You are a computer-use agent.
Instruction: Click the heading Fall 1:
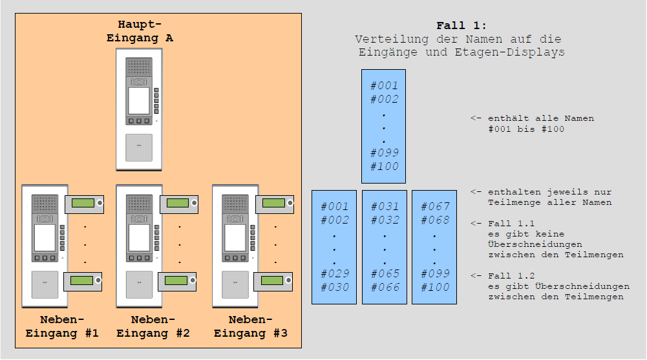pos(458,26)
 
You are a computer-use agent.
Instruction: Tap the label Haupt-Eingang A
pos(140,31)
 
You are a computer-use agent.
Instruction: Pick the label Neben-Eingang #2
pos(153,326)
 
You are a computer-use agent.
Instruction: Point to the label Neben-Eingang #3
pos(250,326)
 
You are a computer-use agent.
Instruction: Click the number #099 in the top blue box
pos(384,153)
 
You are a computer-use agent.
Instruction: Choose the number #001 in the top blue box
pos(384,85)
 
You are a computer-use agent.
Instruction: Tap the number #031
pos(384,207)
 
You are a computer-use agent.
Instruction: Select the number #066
pos(384,288)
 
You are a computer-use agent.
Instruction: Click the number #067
pos(434,207)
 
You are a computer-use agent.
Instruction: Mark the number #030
pos(334,288)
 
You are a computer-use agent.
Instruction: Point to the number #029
pos(334,274)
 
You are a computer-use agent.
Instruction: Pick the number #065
pos(384,274)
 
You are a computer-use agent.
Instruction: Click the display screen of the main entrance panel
pos(138,101)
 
